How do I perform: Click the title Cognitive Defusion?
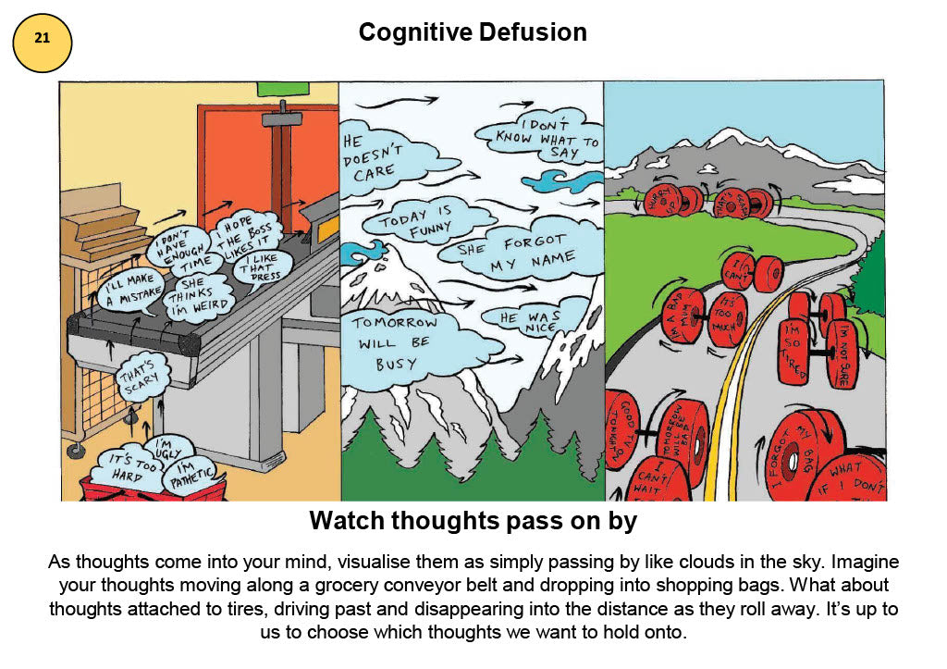click(473, 32)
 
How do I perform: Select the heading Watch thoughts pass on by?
click(473, 521)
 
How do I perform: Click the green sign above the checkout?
click(280, 88)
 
